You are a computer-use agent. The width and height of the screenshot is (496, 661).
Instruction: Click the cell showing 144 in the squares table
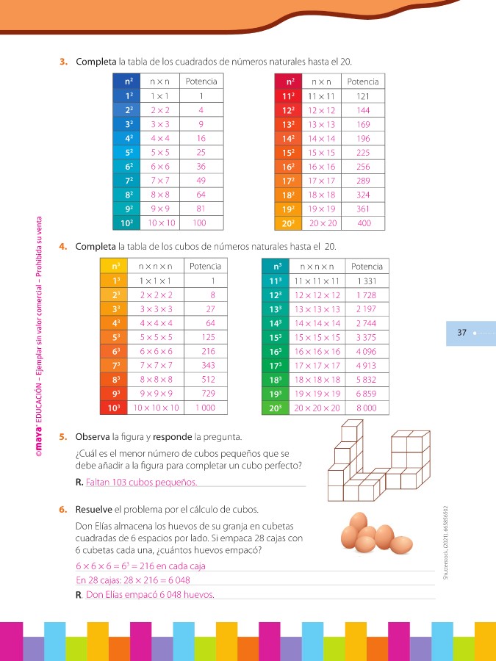pos(363,109)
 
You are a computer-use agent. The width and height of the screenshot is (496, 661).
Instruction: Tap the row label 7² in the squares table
pos(129,180)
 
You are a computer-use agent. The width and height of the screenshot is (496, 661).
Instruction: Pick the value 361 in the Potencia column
pos(363,209)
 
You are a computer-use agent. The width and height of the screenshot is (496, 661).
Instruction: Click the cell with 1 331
pos(367,281)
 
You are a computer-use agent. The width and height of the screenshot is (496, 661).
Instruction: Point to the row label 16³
pos(276,351)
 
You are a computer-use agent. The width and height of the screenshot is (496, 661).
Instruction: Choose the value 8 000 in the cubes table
pos(367,408)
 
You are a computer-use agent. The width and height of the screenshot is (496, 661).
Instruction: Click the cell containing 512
pos(207,380)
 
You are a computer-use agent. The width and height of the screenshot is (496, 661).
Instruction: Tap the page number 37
pos(462,333)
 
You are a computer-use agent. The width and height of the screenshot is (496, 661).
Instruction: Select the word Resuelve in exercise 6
pos(93,509)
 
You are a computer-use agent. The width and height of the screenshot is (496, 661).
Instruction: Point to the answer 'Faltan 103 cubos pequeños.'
pos(141,483)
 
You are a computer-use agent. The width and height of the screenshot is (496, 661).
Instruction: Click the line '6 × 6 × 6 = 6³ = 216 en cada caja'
pos(140,566)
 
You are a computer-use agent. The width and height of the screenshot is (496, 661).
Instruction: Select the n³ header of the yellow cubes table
pos(114,267)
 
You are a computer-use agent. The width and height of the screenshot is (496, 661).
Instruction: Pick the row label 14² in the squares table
pos(288,138)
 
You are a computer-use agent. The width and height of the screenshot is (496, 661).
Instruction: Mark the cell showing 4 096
pos(367,351)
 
